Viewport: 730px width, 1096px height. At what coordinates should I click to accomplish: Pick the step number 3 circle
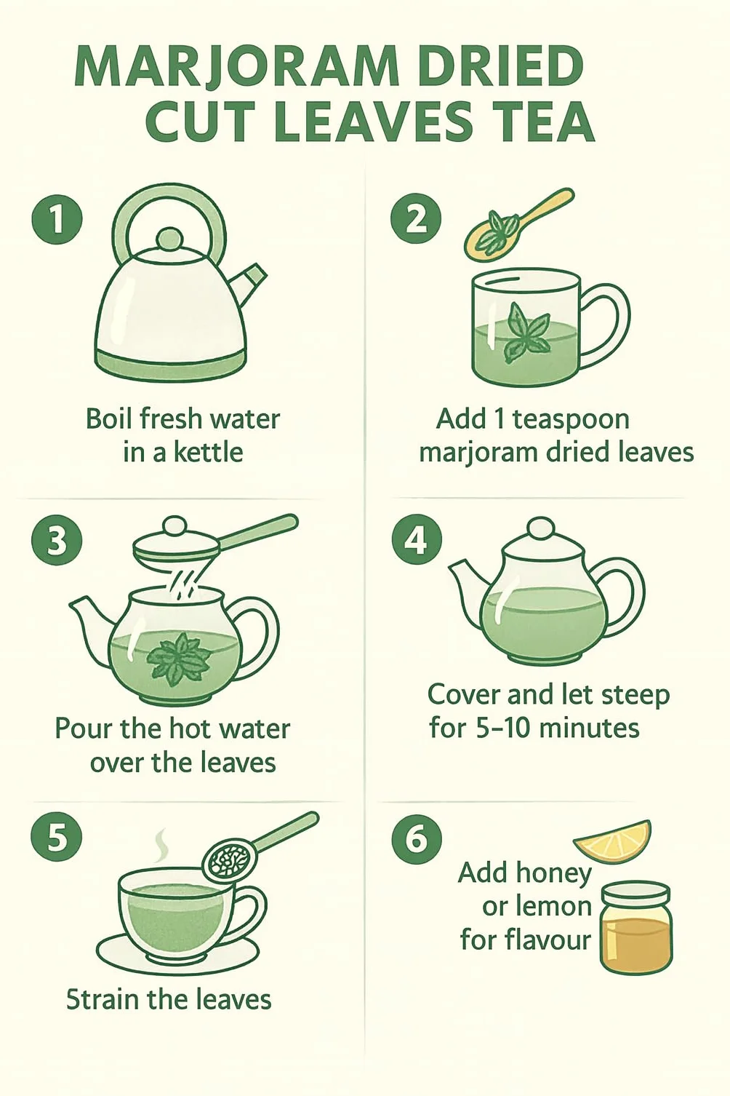56,543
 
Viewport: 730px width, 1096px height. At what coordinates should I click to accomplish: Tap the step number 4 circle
416,542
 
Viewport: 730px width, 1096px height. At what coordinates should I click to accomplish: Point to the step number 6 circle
416,840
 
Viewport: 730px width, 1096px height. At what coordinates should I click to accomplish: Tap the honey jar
635,926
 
